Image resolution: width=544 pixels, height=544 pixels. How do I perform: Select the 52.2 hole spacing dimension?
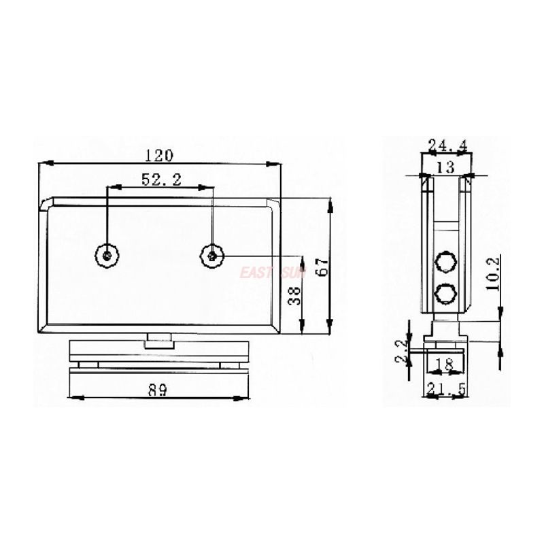click(160, 180)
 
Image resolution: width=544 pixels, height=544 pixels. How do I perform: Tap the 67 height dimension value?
click(324, 265)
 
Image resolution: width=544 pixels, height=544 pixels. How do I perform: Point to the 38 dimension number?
click(294, 294)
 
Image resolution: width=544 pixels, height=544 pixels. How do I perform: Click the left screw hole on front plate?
click(107, 255)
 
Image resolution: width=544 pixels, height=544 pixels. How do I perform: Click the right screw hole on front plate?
click(213, 255)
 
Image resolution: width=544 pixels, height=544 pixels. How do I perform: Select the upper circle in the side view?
click(445, 262)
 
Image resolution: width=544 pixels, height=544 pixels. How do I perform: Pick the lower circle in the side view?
click(445, 293)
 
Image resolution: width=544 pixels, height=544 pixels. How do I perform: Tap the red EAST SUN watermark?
click(272, 273)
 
